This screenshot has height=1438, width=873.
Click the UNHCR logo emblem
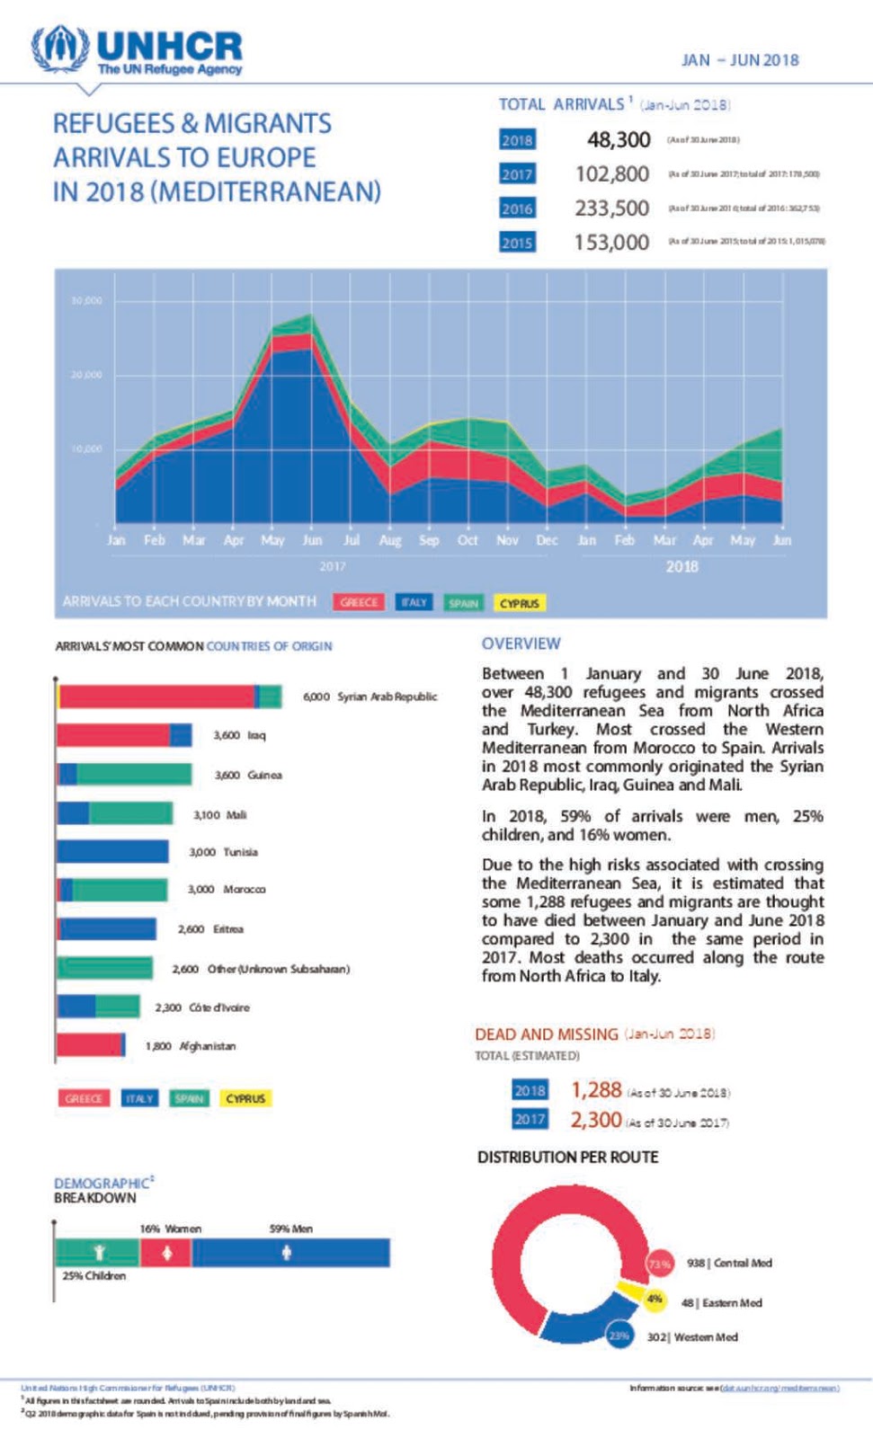coord(59,49)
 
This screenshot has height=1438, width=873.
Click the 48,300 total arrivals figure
coord(619,139)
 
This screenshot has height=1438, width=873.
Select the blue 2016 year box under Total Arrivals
coord(517,209)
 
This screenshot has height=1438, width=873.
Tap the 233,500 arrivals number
coord(612,209)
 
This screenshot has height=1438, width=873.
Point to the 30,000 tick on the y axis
coord(86,300)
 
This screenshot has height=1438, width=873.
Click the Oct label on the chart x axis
coord(468,540)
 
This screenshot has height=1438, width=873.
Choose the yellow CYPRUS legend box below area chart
coord(520,603)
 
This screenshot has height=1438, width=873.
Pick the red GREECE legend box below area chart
coord(359,603)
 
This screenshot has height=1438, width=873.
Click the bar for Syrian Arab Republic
coord(169,697)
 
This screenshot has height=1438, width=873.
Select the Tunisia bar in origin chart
coord(112,851)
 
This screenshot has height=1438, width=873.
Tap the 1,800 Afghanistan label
coord(191,1046)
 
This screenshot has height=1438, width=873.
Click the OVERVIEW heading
coord(521,644)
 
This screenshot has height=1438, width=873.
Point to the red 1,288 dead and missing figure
coord(596,1090)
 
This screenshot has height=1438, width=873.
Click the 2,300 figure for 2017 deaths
coord(596,1120)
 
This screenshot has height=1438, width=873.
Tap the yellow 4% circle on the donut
coord(655,1299)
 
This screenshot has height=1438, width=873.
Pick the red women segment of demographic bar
coord(165,1253)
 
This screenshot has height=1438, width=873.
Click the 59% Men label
coord(291,1229)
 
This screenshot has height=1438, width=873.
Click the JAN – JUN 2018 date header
coord(740,60)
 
